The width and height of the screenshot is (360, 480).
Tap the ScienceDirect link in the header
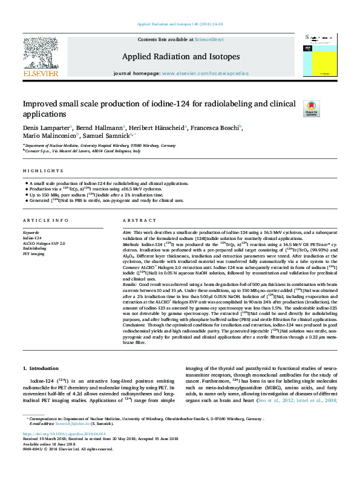point(209,39)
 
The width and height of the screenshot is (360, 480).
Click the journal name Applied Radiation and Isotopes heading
point(181,56)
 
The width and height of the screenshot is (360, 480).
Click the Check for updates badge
point(311,108)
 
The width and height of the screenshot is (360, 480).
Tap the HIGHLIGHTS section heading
point(39,172)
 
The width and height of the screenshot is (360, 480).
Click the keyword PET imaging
point(34,253)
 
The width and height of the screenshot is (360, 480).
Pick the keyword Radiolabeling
point(34,248)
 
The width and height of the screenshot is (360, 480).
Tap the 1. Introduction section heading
point(41,368)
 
